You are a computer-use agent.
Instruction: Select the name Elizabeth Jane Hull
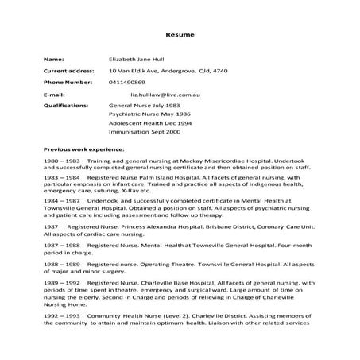(140, 59)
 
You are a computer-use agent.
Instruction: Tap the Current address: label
(68, 70)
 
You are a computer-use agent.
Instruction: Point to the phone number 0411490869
(127, 81)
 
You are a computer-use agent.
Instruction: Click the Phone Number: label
(68, 81)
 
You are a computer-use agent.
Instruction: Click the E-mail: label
(53, 93)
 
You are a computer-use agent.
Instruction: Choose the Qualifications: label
(66, 103)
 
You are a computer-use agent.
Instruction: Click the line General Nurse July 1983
(144, 103)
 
